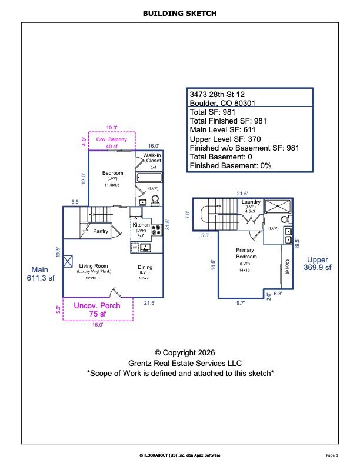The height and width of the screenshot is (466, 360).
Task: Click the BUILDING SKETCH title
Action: pyautogui.click(x=179, y=12)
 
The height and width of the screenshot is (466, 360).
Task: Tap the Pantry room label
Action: pyautogui.click(x=101, y=231)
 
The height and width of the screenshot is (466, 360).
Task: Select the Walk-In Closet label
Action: pyautogui.click(x=153, y=158)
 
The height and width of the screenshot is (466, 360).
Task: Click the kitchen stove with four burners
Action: pyautogui.click(x=156, y=230)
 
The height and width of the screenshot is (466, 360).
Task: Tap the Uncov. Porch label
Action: pyautogui.click(x=96, y=305)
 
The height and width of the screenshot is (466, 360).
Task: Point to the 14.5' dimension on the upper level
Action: pyautogui.click(x=213, y=265)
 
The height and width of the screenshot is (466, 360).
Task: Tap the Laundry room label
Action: pyautogui.click(x=251, y=202)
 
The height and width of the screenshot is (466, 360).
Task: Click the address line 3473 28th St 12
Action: pyautogui.click(x=218, y=94)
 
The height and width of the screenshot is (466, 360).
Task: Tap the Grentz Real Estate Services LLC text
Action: pyautogui.click(x=179, y=363)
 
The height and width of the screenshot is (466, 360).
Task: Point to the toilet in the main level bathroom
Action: pyautogui.click(x=155, y=201)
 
